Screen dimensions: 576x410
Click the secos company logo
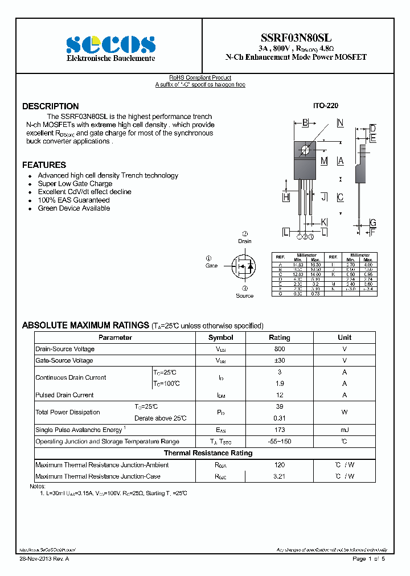click(x=110, y=44)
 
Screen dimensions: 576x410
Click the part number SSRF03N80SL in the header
click(x=296, y=38)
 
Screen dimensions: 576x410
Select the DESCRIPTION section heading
click(x=50, y=106)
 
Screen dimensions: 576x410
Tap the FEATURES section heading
click(x=44, y=165)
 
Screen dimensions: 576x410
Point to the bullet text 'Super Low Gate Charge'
click(x=75, y=184)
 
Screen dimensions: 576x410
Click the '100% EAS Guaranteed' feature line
click(x=73, y=200)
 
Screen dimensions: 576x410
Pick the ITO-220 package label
click(x=325, y=106)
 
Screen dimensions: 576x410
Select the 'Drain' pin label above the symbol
click(x=245, y=241)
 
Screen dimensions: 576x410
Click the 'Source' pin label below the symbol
click(x=245, y=295)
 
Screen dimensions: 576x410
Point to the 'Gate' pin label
click(x=211, y=266)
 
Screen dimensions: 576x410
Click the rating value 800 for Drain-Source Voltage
click(x=279, y=349)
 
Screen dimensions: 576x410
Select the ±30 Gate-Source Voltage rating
click(x=279, y=361)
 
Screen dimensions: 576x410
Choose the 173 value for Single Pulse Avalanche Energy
click(x=279, y=430)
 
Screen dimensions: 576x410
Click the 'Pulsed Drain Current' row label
click(x=64, y=395)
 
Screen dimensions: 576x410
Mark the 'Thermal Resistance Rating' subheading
click(x=208, y=453)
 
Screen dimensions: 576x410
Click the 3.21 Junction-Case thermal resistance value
click(x=279, y=476)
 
